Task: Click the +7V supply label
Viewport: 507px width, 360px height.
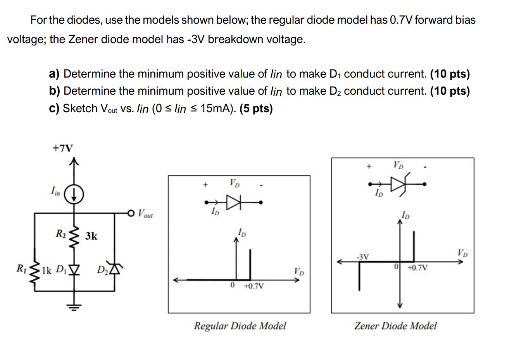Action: click(x=62, y=148)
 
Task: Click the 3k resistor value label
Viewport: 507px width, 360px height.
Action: click(x=91, y=236)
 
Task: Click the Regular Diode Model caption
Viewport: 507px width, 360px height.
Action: click(x=240, y=325)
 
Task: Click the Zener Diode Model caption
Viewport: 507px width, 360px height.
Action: click(x=395, y=325)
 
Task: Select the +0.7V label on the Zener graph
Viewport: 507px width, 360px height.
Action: click(x=417, y=267)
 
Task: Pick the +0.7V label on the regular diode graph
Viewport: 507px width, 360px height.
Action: click(x=254, y=286)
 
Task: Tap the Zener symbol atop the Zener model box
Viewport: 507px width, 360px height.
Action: click(x=398, y=184)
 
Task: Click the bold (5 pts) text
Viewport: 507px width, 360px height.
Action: click(x=256, y=109)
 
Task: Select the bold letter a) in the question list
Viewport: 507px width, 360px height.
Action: click(x=54, y=74)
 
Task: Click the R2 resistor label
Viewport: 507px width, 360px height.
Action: click(x=61, y=234)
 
